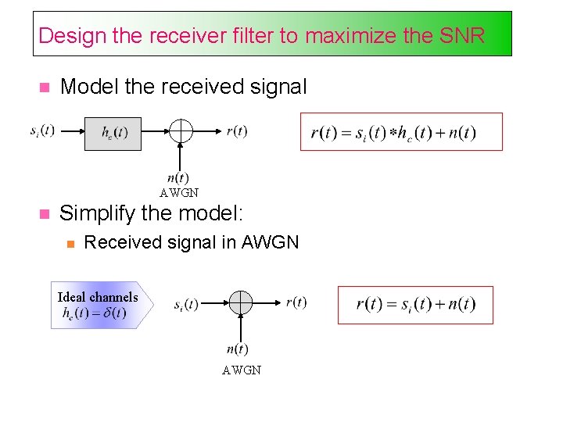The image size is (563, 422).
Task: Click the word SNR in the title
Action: coord(462,35)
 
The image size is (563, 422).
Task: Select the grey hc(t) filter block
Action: coord(113,134)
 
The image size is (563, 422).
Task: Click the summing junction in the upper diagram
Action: coord(181,131)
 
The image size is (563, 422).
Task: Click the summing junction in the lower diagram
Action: coord(240,302)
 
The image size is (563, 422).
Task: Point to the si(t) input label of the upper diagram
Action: coord(42,131)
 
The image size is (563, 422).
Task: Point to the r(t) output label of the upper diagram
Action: coord(236,131)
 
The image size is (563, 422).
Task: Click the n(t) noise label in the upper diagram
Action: coord(178,177)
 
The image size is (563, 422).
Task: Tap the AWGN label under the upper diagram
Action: coord(179,192)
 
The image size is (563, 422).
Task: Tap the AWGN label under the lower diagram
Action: coord(242,370)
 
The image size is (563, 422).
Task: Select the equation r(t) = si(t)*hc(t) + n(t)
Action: coord(393,133)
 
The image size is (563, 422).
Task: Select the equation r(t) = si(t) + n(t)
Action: coord(415,304)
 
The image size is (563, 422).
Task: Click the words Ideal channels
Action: coord(98,297)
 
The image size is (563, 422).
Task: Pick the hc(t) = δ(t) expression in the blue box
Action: coord(94,313)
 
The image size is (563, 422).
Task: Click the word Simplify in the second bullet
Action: coord(95,213)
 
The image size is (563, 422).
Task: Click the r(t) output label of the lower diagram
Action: coord(296,302)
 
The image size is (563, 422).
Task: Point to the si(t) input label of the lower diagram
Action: coord(186,304)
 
